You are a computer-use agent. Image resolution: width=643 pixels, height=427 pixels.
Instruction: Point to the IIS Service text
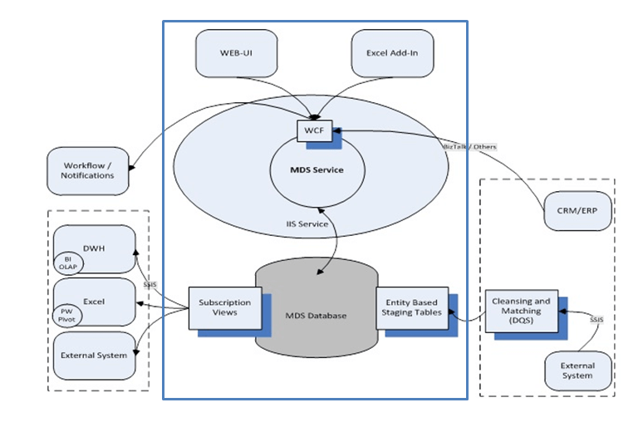pos(306,224)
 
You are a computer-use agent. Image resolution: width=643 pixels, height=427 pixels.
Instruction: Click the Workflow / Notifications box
pos(88,170)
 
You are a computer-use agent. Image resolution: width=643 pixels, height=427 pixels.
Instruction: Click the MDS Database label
pos(316,316)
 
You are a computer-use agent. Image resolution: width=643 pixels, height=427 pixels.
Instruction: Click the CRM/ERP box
pos(578,211)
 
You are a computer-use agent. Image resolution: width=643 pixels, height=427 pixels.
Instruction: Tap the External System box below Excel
pos(94,355)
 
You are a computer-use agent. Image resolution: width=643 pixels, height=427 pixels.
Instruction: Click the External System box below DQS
pos(578,371)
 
